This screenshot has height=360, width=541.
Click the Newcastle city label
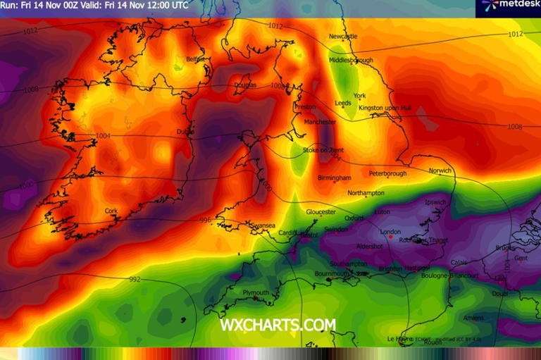pos(343,36)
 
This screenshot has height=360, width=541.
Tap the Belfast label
pos(195,60)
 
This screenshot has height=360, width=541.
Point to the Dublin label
pos(185,131)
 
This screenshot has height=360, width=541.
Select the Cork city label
pos(111,211)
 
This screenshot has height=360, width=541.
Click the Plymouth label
pos(256,292)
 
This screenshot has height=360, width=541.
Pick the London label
pos(390,232)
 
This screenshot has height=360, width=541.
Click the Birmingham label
pos(334,178)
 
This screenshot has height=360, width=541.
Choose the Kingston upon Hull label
pos(385,108)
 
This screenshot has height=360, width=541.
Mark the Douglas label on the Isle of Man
pos(245,85)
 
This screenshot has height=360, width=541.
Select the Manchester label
pos(321,122)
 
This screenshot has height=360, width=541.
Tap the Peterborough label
pos(387,173)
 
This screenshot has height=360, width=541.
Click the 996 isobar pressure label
pos(206,221)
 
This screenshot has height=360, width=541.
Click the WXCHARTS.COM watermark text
pos(278,325)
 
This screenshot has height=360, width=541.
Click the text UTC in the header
pos(179,5)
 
